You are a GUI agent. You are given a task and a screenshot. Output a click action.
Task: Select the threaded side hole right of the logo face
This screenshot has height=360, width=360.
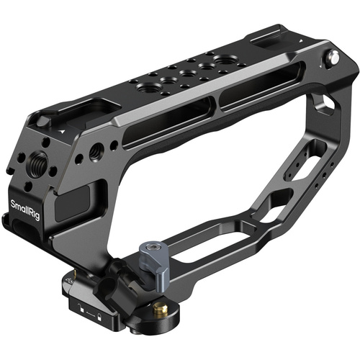pyautogui.click(x=94, y=152)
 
